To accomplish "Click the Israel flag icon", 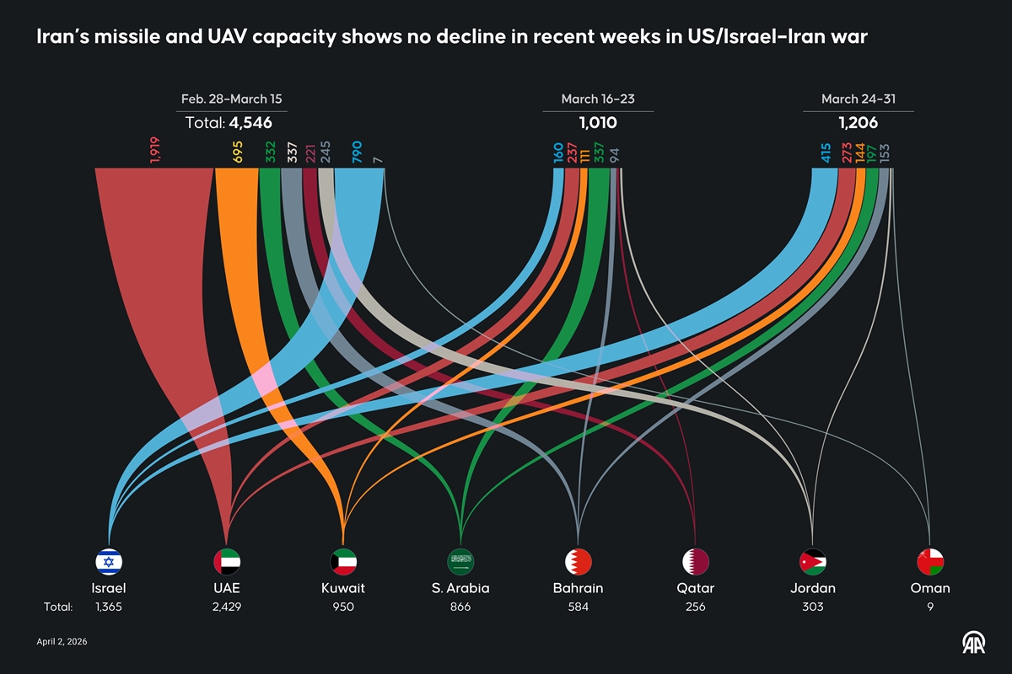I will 110,561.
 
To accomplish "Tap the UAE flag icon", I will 227,561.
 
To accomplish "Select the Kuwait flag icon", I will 343,561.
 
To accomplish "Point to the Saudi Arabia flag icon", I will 460,561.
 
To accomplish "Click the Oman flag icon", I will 930,561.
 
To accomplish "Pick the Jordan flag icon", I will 813,561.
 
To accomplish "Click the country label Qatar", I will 696,588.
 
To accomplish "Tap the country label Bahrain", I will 579,588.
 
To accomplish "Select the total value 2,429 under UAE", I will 227,607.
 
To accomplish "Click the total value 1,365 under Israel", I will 110,607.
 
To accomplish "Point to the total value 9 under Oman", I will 930,607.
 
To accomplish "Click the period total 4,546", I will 250,123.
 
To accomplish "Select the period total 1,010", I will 598,123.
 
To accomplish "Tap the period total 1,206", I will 858,123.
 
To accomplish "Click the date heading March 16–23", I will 598,99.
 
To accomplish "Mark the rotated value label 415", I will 826,152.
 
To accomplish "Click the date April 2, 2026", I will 62,642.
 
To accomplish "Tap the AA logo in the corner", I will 977,642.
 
